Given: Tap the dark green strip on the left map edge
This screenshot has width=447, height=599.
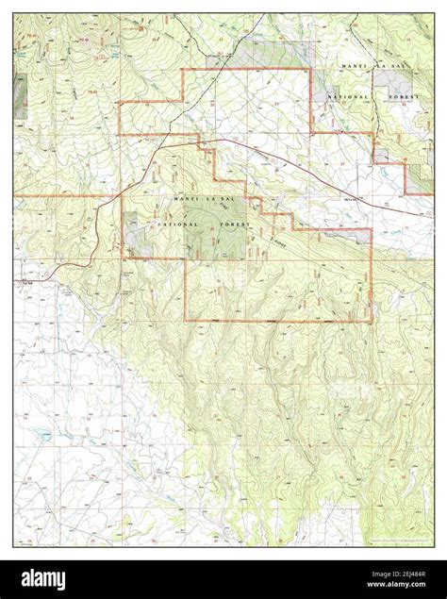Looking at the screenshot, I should (x=18, y=89).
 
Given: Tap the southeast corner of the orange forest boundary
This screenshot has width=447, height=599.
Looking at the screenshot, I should (x=370, y=323).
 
